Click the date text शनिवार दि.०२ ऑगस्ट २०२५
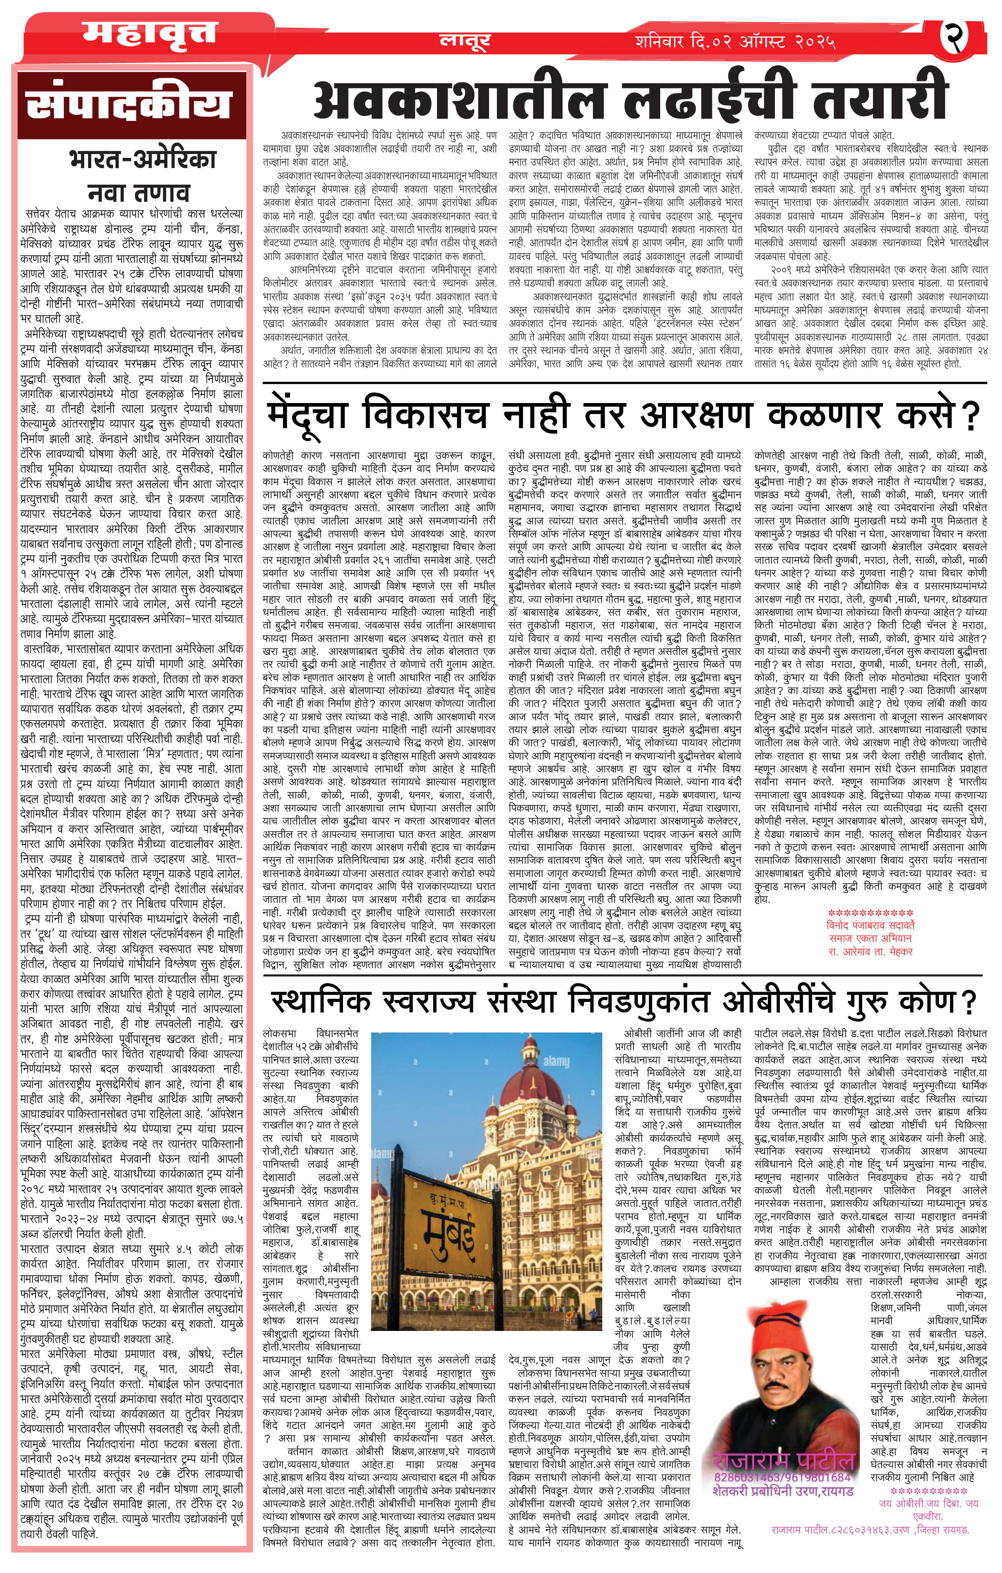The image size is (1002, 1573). [x=735, y=44]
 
